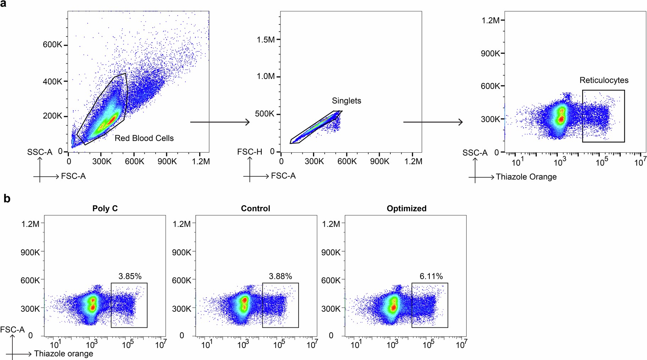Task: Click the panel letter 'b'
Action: coord(7,199)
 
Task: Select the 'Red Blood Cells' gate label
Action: coord(144,138)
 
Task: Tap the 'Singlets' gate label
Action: coord(346,101)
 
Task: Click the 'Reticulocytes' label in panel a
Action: coord(604,80)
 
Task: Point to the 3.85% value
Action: coord(130,276)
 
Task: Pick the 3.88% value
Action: coord(280,276)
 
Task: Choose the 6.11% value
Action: coord(431,276)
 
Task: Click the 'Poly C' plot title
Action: coord(105,208)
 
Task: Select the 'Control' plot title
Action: coord(255,208)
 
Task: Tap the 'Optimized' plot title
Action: coord(406,208)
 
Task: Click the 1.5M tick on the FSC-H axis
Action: coord(266,40)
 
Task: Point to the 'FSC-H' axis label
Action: coord(250,152)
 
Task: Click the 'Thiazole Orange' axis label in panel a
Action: coord(526,177)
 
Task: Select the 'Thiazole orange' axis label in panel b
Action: coord(63,354)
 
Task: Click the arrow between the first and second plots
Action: coord(220,122)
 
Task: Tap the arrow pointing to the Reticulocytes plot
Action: coord(433,122)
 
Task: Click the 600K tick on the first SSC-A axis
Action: coord(52,45)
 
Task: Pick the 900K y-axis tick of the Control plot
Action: coord(182,252)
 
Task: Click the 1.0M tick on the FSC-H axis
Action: coord(266,77)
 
